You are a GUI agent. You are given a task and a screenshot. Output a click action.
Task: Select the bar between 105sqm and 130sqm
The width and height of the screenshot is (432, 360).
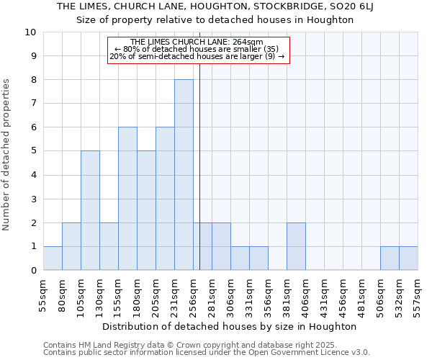[90, 210]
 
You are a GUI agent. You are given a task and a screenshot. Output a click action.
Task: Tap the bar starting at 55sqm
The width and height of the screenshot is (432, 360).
[53, 258]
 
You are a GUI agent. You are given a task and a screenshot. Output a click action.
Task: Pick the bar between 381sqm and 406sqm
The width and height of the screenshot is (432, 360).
[296, 246]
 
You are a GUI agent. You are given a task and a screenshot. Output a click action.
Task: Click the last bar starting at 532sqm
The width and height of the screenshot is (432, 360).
[408, 258]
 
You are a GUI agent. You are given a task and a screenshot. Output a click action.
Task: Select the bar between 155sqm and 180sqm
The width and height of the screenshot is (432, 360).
[127, 199]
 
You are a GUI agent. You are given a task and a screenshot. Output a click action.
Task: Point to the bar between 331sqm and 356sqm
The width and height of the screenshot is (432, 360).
[258, 258]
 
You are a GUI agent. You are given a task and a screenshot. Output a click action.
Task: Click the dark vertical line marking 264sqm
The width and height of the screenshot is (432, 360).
[200, 158]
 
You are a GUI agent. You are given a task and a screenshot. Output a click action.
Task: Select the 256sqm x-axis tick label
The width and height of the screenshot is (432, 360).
[194, 293]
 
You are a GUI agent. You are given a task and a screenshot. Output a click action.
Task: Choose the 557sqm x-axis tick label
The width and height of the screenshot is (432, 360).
[418, 293]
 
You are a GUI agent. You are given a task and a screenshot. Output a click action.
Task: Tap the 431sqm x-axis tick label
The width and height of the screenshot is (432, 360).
[325, 293]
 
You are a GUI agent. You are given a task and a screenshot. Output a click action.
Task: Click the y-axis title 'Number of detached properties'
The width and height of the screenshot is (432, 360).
[8, 155]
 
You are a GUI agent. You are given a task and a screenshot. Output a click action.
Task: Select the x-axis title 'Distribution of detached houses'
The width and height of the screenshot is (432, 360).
[230, 326]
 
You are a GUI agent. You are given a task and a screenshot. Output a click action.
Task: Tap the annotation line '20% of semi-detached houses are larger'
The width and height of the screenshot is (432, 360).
[197, 56]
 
